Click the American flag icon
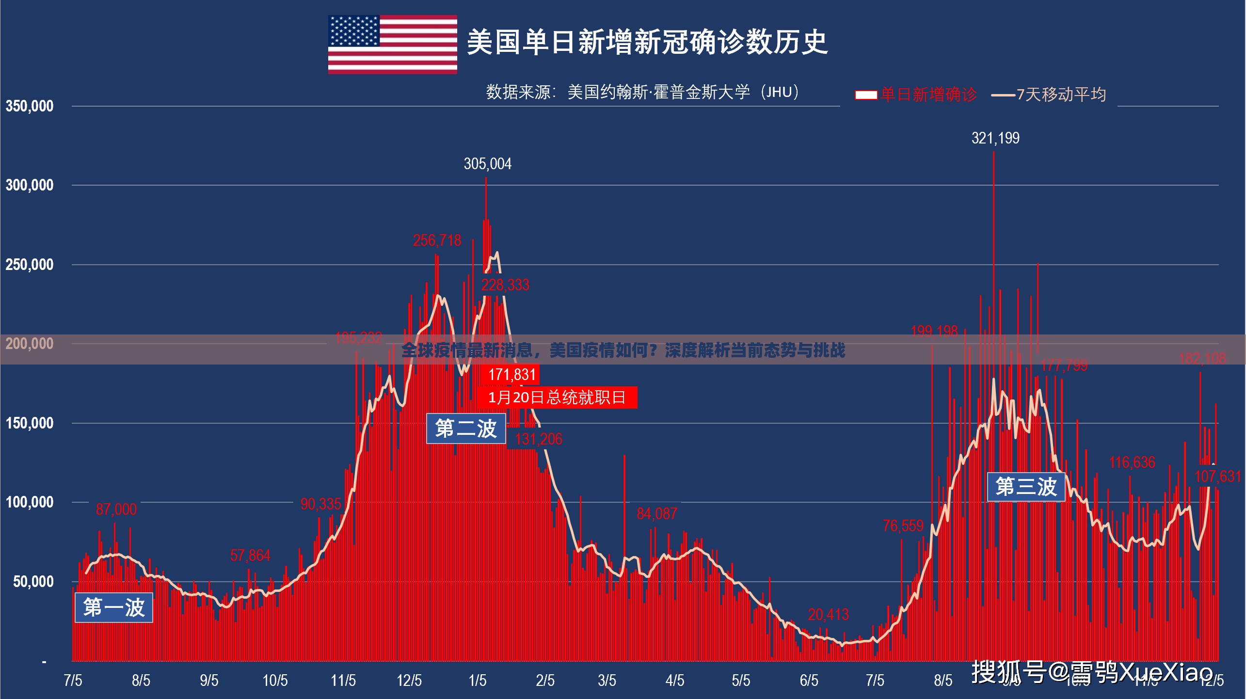[x=392, y=44]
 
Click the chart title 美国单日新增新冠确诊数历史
[x=647, y=42]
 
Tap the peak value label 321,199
[x=995, y=139]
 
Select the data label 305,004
[x=487, y=164]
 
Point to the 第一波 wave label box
[x=114, y=607]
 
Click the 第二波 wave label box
[x=466, y=429]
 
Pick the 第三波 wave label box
[x=1026, y=487]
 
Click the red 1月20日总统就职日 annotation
[x=557, y=397]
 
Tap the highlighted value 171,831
[x=512, y=375]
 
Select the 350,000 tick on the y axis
[x=30, y=106]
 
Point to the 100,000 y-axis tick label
[x=30, y=502]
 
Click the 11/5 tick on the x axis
[x=343, y=681]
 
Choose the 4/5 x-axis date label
[x=674, y=681]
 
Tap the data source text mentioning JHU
[x=642, y=92]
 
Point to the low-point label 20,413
[x=828, y=615]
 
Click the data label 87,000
[x=116, y=509]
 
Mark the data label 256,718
[x=437, y=240]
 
